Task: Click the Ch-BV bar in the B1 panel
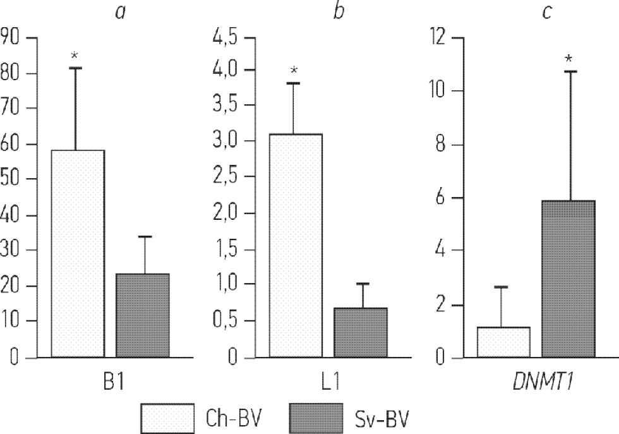(x=78, y=253)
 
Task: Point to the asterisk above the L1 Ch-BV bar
(x=294, y=71)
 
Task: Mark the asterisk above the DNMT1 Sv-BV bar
(x=569, y=59)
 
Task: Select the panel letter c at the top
(x=546, y=12)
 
